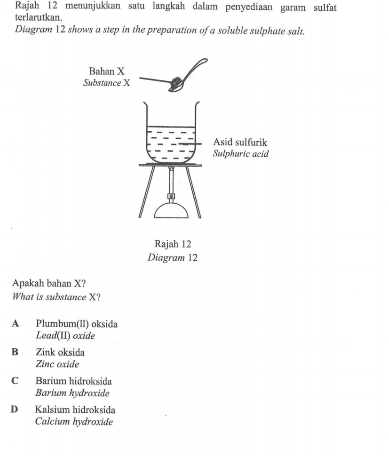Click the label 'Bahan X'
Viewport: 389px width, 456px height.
(106, 72)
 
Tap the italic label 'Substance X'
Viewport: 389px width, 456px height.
(106, 83)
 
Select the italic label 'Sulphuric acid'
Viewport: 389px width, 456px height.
(241, 154)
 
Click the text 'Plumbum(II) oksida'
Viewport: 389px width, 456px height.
(76, 324)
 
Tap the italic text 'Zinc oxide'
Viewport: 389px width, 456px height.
(57, 364)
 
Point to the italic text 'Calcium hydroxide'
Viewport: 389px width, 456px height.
(74, 422)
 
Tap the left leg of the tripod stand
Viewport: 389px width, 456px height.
(145, 192)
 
